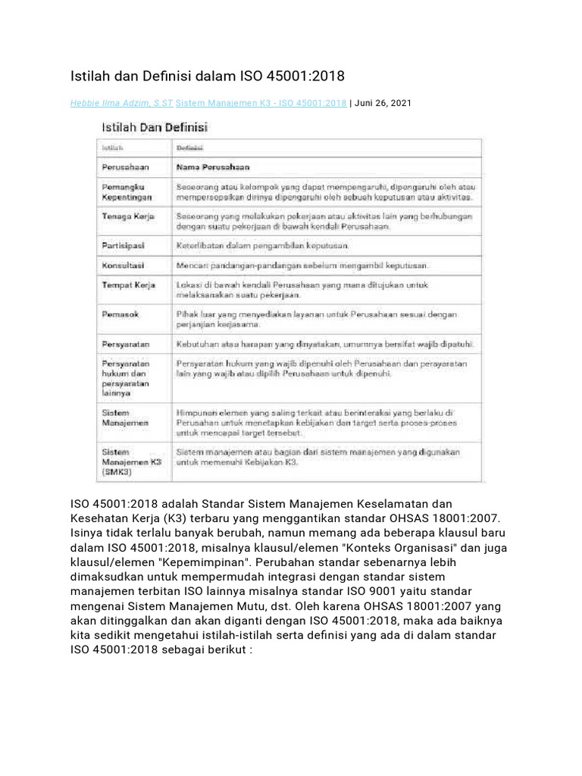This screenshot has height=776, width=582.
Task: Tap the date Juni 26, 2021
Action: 383,103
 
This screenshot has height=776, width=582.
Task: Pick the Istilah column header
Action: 113,149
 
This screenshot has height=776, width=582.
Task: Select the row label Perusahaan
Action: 127,166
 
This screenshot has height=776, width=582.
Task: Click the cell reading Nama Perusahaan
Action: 213,166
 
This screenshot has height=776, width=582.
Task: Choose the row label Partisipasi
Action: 124,246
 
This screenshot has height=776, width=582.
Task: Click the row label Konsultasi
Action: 124,266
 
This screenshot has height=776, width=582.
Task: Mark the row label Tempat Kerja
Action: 128,285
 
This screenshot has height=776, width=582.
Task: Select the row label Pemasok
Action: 120,313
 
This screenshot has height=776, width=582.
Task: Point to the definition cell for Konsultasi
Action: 302,266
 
